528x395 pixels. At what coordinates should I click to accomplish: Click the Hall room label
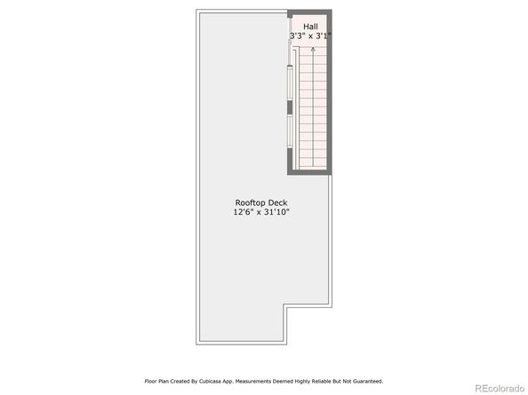(310, 27)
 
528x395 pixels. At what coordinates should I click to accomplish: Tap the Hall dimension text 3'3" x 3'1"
(311, 36)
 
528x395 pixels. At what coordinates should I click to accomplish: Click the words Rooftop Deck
(261, 202)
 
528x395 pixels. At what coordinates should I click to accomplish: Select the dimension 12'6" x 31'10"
(261, 212)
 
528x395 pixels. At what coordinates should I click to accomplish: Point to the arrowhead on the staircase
(313, 49)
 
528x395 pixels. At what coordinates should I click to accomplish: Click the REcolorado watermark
(500, 389)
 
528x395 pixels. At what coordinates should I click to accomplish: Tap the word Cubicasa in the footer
(211, 381)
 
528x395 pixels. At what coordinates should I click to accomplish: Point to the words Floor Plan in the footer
(157, 381)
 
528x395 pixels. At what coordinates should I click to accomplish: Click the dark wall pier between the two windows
(290, 107)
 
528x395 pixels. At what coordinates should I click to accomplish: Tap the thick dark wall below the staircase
(309, 172)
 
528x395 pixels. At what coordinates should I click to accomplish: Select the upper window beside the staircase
(290, 83)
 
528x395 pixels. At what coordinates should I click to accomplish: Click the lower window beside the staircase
(290, 131)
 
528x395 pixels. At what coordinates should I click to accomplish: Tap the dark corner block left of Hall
(290, 14)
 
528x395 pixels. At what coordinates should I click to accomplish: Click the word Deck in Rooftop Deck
(279, 202)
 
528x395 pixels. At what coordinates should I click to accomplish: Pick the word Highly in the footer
(302, 381)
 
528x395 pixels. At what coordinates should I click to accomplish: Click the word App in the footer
(228, 381)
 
